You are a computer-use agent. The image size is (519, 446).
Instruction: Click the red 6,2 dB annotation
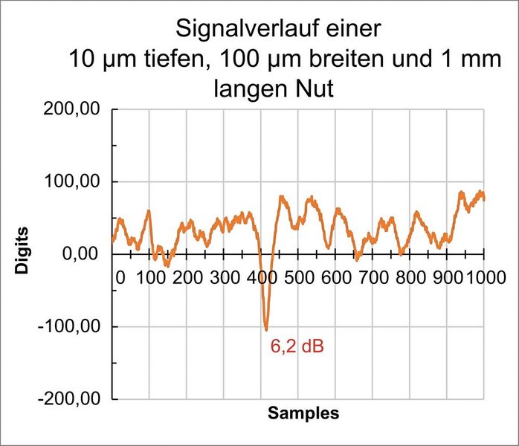click(297, 346)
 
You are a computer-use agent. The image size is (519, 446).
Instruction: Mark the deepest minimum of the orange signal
click(265, 329)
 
